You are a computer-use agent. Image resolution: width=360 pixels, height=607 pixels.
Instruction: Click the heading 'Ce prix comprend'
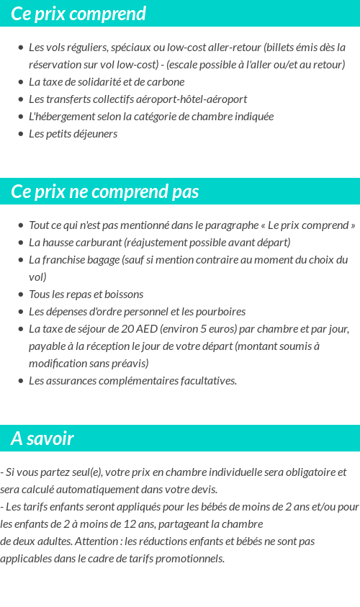click(78, 14)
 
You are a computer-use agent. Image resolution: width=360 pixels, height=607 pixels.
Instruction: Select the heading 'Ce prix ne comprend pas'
click(105, 192)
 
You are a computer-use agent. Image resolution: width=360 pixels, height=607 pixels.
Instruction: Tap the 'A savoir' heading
click(42, 439)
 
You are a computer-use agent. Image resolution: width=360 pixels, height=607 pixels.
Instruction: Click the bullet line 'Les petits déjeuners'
click(73, 134)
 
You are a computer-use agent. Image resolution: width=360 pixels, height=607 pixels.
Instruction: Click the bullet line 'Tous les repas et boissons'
click(86, 294)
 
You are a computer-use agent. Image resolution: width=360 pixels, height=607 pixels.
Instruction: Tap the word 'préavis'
click(128, 364)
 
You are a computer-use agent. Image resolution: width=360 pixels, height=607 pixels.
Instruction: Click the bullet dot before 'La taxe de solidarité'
click(20, 82)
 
